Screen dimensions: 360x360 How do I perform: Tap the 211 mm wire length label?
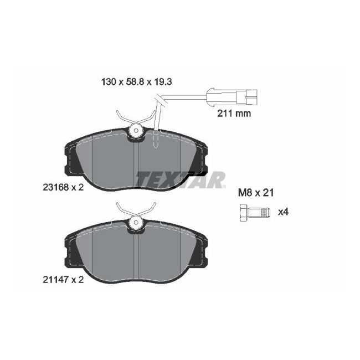(233, 114)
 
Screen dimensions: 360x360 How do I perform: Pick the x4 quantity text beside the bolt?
(283, 212)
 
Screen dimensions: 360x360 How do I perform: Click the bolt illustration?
(253, 212)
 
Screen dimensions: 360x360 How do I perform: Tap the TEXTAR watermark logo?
(181, 179)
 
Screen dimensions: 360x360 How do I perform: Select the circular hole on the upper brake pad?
(135, 131)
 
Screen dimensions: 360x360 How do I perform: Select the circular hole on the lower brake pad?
(135, 223)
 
